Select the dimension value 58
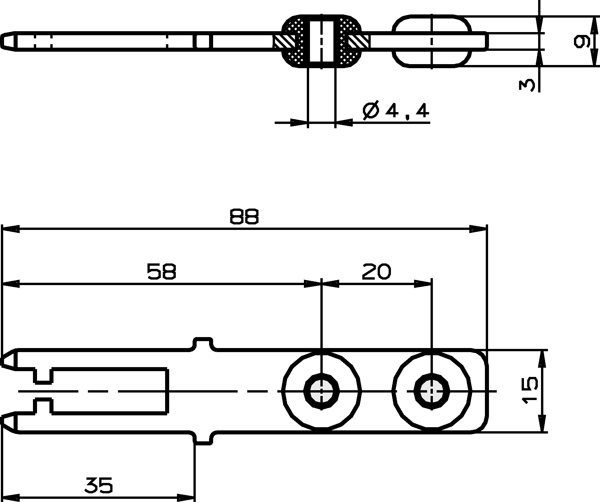click(x=161, y=272)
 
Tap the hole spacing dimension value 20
click(x=376, y=272)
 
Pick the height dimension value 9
click(x=581, y=41)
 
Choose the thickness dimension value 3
click(x=527, y=85)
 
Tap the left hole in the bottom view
click(x=321, y=392)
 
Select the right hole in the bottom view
click(x=431, y=392)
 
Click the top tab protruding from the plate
click(x=203, y=343)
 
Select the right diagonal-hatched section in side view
click(x=359, y=42)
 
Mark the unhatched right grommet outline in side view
click(x=431, y=41)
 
